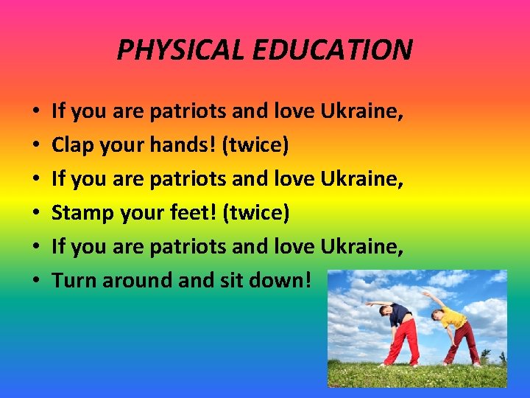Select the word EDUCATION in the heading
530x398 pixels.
coord(325,50)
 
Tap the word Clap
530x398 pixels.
coord(74,146)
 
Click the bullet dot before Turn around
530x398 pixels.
coord(36,281)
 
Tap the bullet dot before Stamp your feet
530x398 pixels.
coord(36,214)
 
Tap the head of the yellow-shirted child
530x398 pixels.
coord(439,315)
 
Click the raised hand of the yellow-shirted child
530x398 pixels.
coord(425,293)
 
